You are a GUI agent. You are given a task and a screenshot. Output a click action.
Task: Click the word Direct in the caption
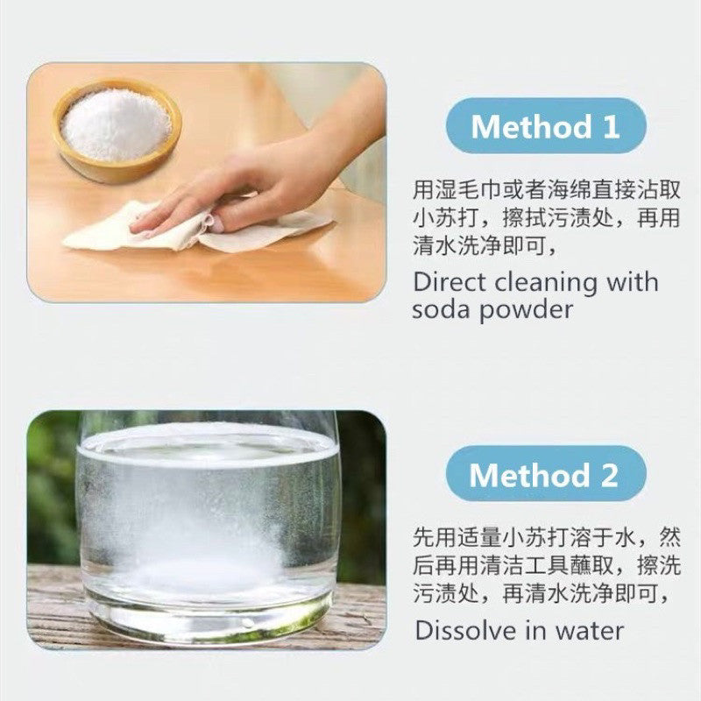point(449,283)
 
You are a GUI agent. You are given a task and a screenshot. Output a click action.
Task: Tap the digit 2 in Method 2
point(607,476)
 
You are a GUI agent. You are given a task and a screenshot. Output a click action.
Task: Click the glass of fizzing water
point(207,526)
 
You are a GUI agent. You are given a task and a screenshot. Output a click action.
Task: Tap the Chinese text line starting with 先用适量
point(545,535)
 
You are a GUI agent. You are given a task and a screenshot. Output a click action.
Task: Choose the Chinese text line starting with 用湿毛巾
point(545,189)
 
